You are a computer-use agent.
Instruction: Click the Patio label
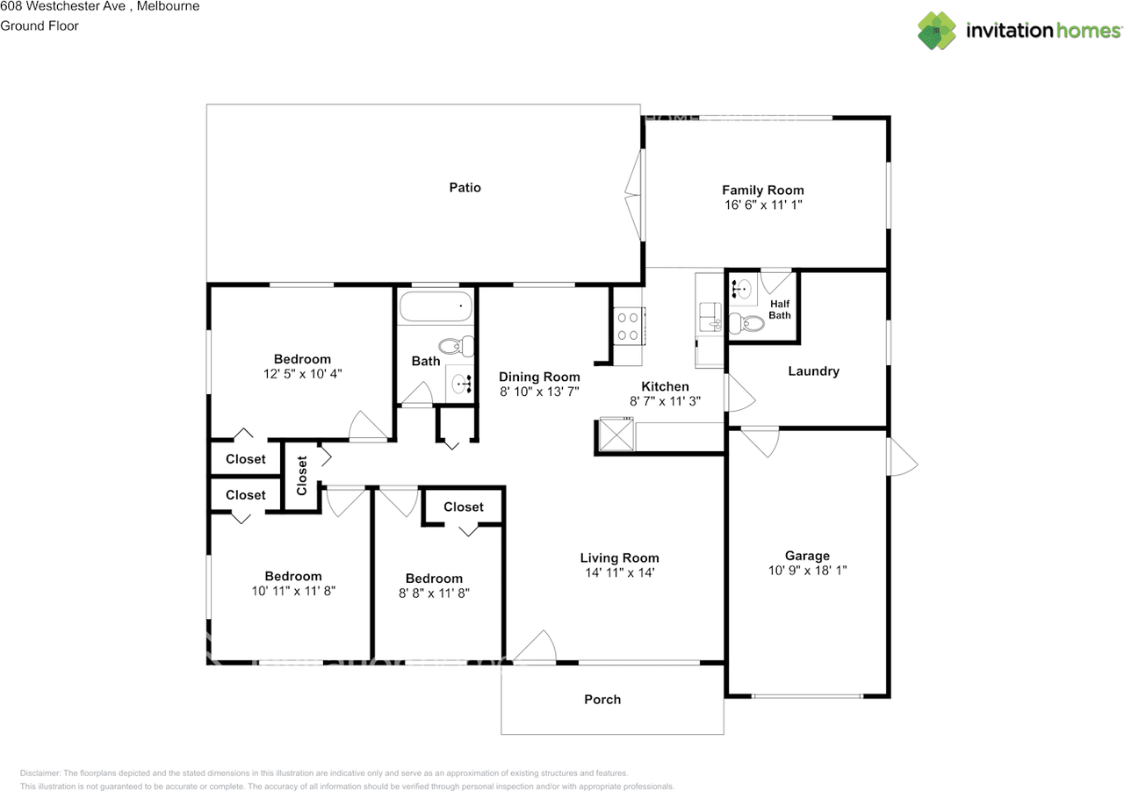465,188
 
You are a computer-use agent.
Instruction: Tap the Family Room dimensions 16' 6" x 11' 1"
763,205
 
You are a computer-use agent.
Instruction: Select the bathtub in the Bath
436,306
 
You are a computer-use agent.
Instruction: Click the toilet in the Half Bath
746,323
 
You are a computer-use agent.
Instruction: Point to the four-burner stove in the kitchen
628,326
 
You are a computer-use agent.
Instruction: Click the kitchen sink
710,317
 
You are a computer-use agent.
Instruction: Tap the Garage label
807,556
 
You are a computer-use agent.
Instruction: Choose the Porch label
602,699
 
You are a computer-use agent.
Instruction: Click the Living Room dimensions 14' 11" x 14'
620,572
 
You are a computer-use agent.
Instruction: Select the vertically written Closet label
301,476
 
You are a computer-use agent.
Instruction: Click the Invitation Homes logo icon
936,31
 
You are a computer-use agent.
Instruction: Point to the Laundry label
813,371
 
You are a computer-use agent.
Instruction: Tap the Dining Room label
539,377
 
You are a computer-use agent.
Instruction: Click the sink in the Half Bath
742,290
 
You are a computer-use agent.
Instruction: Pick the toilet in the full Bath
456,346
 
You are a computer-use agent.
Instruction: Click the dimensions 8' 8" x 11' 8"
434,593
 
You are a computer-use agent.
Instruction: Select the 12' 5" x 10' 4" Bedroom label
302,359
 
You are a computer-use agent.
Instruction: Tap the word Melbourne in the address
168,6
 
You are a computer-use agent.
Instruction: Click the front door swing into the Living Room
535,646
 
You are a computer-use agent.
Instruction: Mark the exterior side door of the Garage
903,457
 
